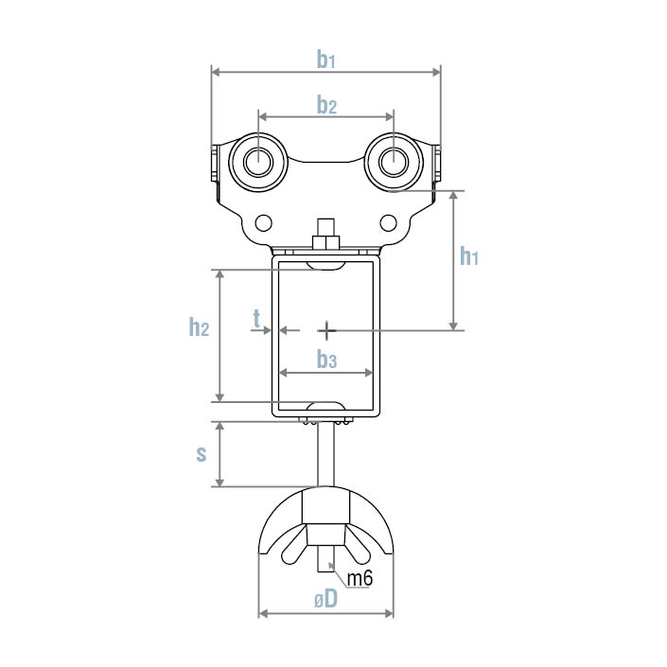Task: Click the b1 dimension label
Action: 326,61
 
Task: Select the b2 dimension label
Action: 326,105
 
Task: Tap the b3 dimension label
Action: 326,360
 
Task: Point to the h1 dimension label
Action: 469,256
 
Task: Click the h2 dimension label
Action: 199,327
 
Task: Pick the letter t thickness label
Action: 256,320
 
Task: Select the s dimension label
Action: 202,454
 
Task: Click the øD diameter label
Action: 326,599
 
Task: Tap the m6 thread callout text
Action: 360,578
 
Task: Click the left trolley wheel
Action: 258,163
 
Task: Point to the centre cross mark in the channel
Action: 326,330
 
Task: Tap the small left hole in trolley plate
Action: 264,222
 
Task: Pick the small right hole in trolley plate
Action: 388,222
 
